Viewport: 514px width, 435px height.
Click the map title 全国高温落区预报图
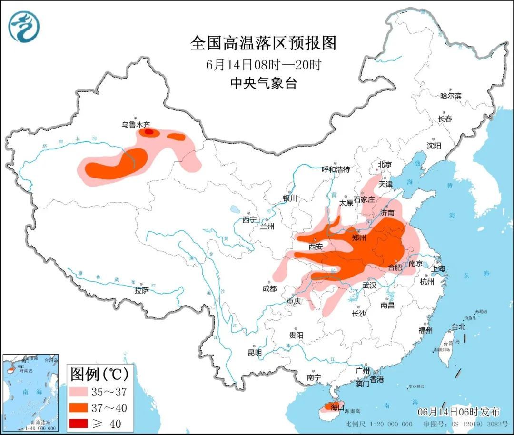click(263, 43)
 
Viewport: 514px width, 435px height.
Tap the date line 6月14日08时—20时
click(263, 64)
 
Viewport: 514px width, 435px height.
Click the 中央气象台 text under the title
click(263, 84)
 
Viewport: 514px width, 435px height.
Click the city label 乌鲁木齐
click(135, 125)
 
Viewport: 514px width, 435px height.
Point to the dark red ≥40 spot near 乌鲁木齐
click(149, 132)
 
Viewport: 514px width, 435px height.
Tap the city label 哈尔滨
click(450, 96)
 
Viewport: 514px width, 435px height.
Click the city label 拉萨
click(142, 290)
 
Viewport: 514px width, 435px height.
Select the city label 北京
click(385, 164)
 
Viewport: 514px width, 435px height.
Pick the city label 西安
click(316, 246)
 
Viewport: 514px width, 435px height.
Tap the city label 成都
click(269, 288)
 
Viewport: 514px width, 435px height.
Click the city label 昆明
click(255, 353)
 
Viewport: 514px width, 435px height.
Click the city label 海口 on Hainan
click(336, 407)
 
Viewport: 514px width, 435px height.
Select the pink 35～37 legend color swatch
click(85, 391)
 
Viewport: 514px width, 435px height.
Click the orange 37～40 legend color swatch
click(85, 407)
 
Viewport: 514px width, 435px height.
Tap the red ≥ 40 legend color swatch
click(85, 423)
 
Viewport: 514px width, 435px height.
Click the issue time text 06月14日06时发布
click(459, 412)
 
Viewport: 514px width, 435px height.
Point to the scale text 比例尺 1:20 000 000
click(379, 424)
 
